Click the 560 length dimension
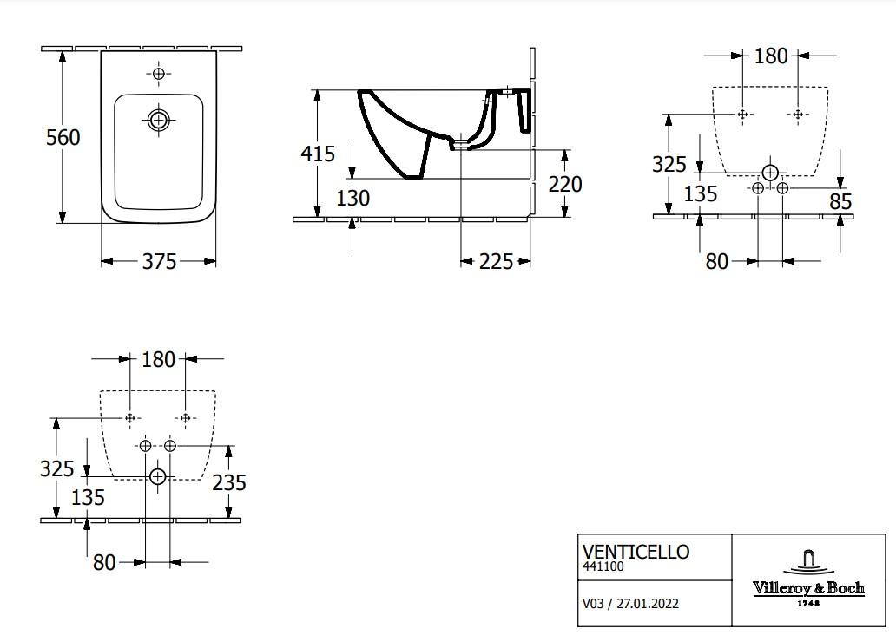pos(63,137)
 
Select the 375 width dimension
pos(160,261)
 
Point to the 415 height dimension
pos(318,154)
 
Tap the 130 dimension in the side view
pos(352,198)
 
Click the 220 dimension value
pos(565,184)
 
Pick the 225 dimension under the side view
pos(496,261)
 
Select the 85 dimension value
pos(840,202)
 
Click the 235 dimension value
pos(229,481)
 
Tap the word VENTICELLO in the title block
pos(636,552)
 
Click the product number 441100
pos(603,566)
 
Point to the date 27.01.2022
pos(648,603)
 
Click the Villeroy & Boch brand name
pos(808,588)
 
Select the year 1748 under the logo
pos(808,603)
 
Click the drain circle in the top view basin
pos(158,120)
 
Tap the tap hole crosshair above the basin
pos(158,74)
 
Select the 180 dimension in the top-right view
pos(771,56)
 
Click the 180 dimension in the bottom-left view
pos(158,358)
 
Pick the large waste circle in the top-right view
pos(770,173)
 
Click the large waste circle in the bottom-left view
pos(157,476)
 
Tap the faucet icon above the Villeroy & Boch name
pos(808,560)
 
